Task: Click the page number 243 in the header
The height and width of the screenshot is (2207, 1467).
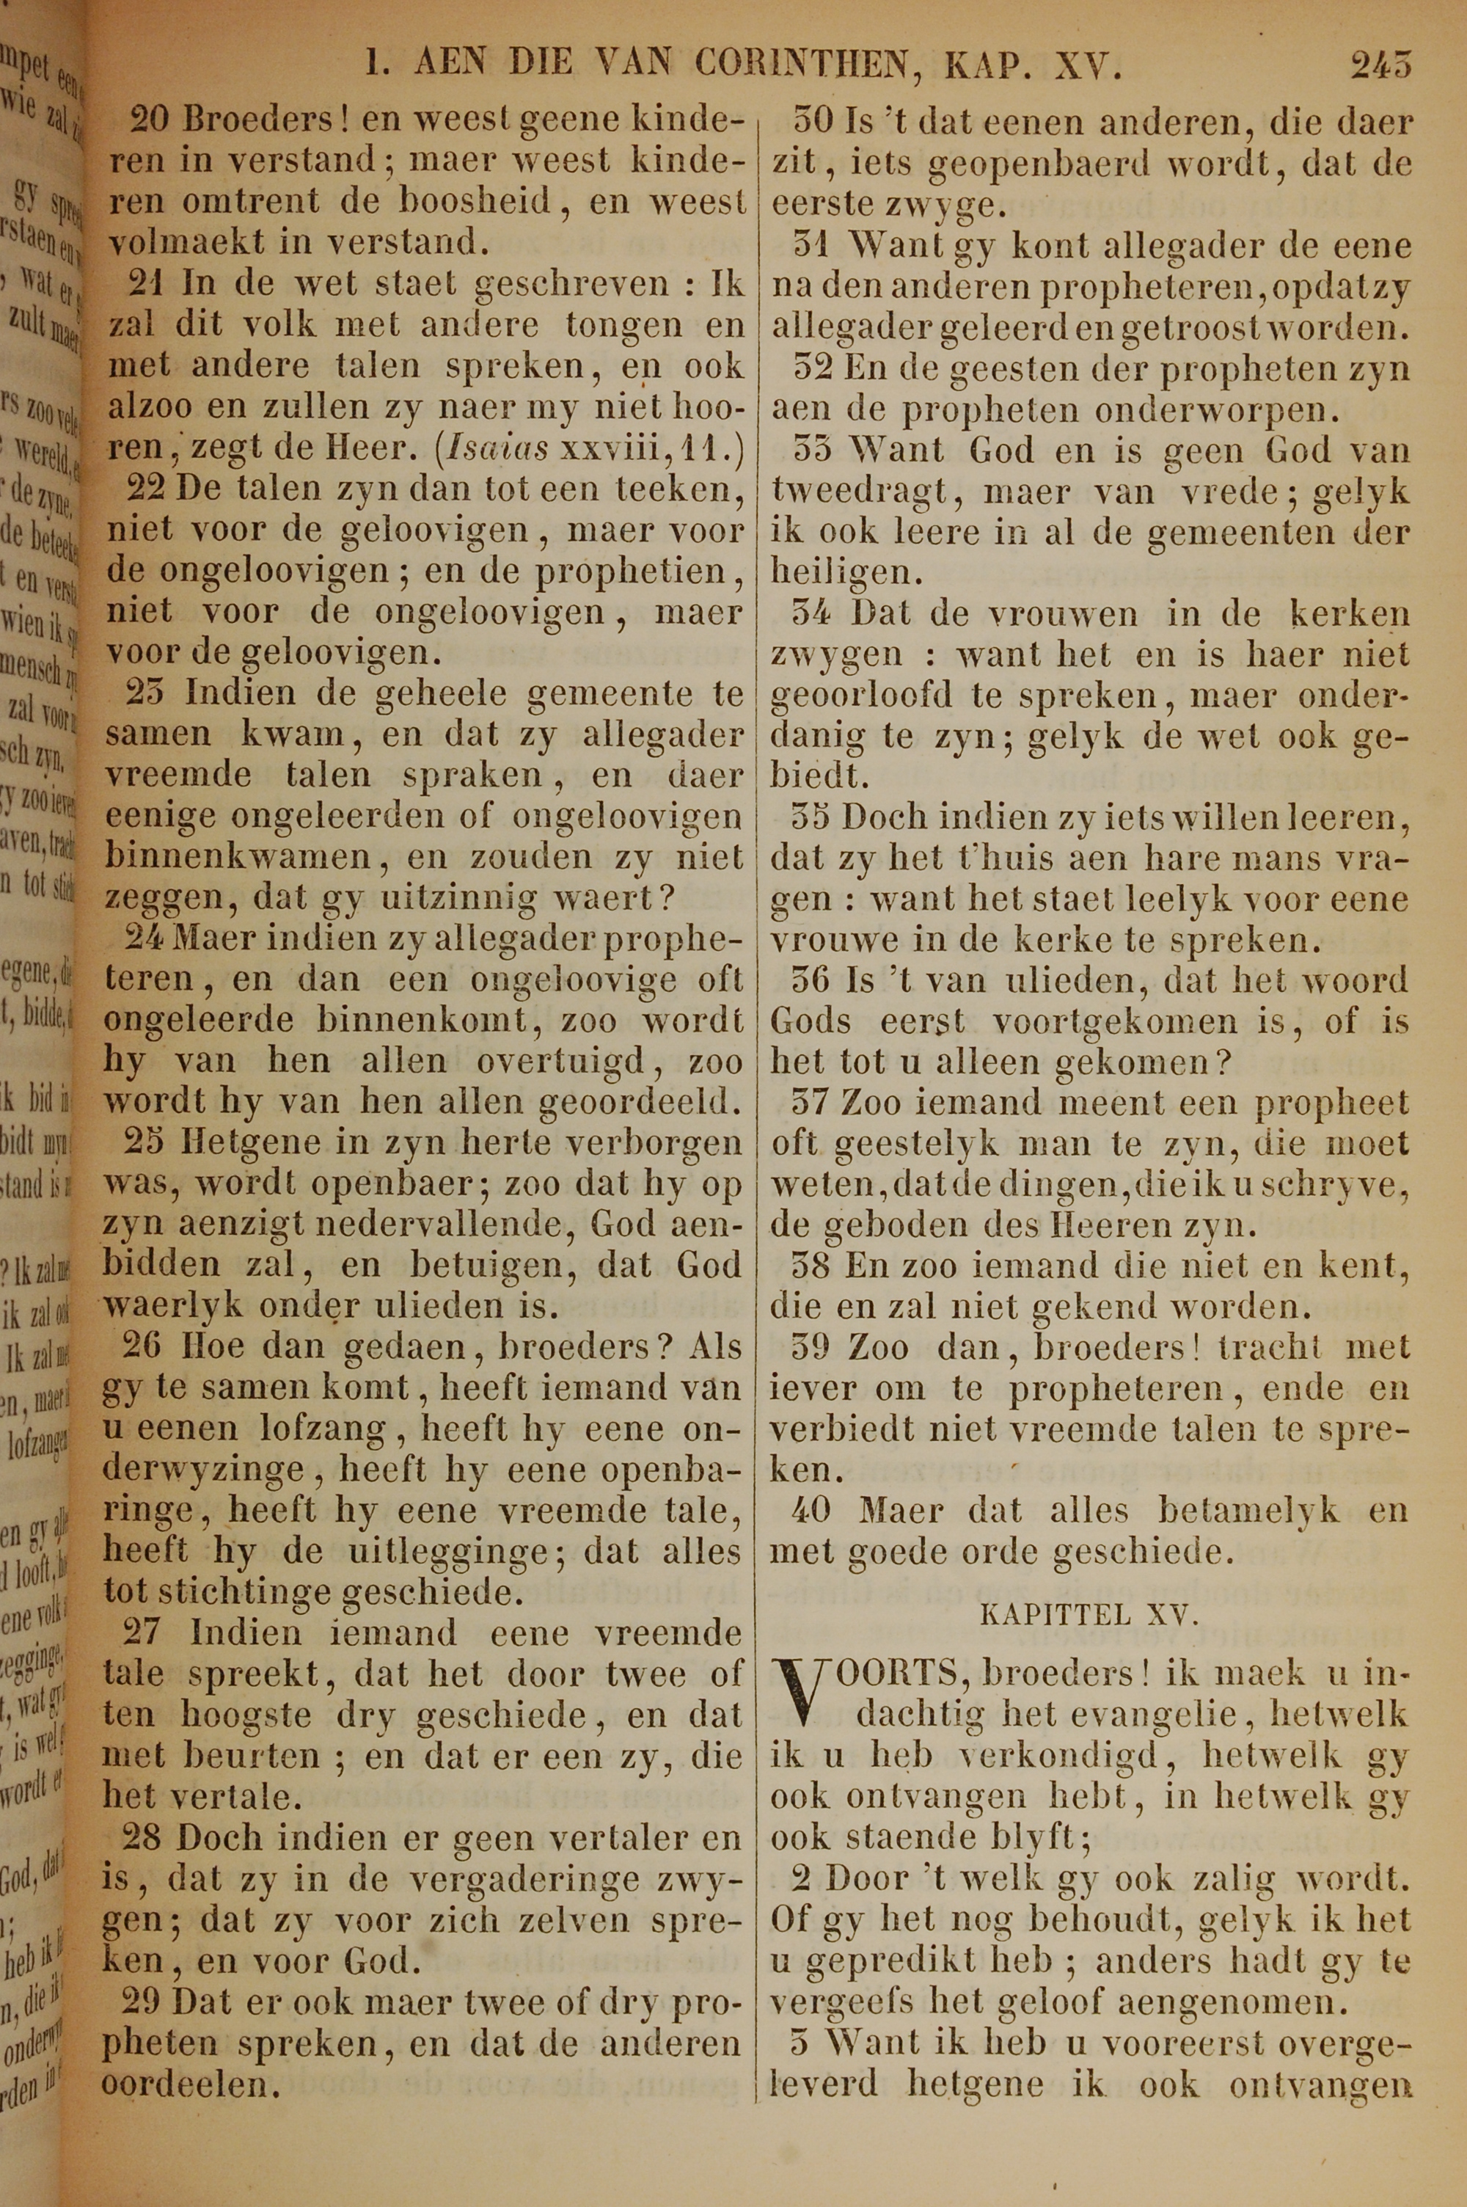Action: coord(1380,65)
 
